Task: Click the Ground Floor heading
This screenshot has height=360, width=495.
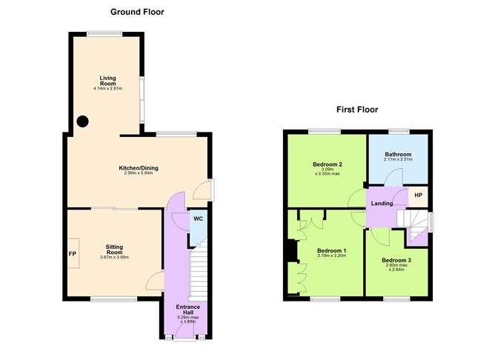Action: (137, 12)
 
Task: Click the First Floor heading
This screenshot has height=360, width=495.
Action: (357, 110)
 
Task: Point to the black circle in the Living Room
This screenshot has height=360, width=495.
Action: (83, 121)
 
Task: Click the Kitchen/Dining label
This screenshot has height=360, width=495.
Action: (139, 168)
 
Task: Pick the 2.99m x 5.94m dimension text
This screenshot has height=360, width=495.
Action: (139, 174)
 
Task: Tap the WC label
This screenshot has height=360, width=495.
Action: (198, 219)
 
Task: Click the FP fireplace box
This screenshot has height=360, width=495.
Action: (73, 253)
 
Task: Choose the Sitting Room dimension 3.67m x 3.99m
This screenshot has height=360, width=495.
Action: (114, 258)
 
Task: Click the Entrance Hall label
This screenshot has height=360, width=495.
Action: (188, 310)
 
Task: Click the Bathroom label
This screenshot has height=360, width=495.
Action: (399, 154)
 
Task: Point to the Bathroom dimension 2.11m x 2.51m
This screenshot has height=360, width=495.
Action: (399, 160)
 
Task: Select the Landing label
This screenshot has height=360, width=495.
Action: (382, 204)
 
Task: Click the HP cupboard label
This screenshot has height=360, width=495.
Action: (418, 196)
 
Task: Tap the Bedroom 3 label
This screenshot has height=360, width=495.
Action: (396, 261)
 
